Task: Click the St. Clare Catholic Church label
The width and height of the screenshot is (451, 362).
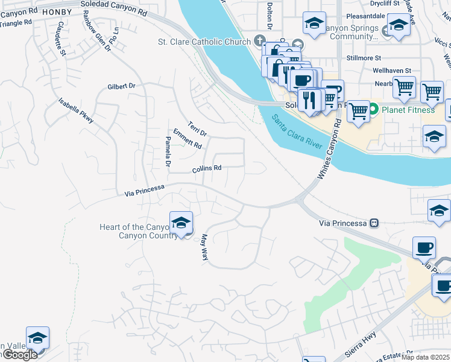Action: (x=204, y=42)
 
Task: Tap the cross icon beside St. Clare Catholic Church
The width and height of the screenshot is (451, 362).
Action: (x=260, y=41)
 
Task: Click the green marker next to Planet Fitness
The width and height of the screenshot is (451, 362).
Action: (x=373, y=110)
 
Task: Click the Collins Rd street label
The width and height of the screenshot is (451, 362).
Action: (x=207, y=169)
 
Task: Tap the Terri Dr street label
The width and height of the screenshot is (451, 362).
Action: (x=197, y=129)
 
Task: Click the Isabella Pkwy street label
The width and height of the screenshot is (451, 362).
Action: (x=76, y=111)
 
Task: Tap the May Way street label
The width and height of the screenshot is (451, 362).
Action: (x=204, y=247)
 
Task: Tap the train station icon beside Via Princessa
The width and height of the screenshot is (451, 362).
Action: (x=374, y=223)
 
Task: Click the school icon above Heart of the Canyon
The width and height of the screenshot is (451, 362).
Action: (x=181, y=222)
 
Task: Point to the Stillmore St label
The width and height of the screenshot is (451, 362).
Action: (x=364, y=59)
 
